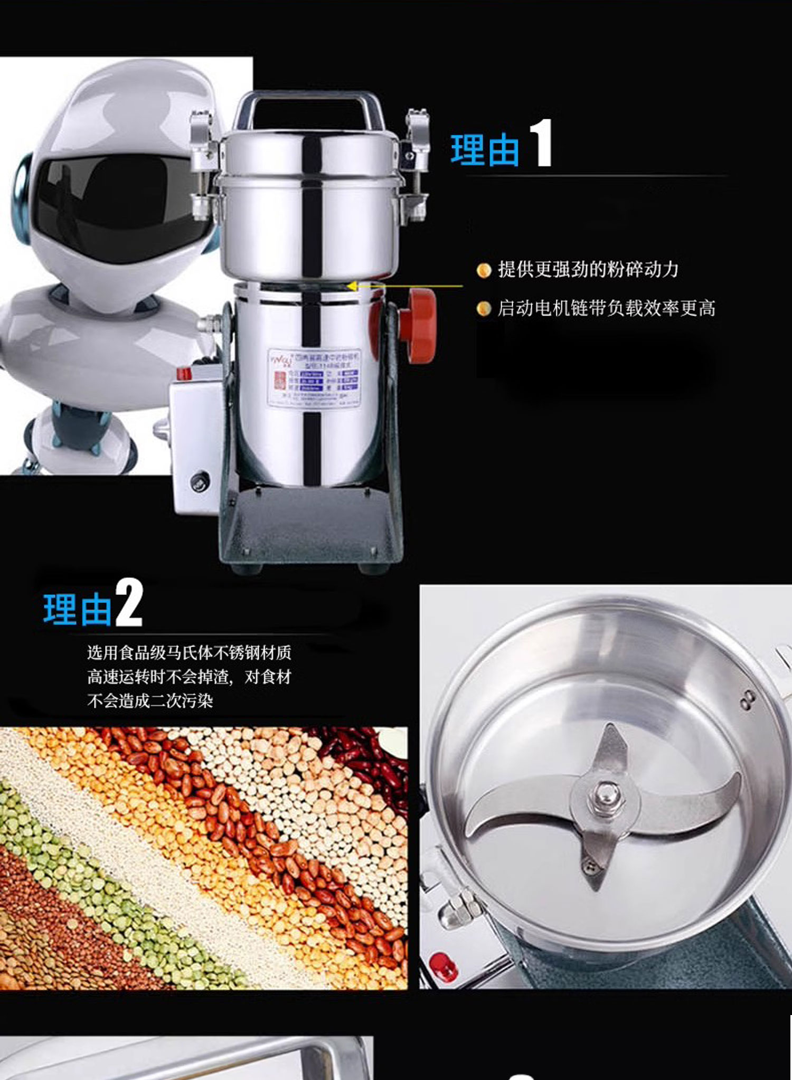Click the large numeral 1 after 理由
pyautogui.click(x=541, y=143)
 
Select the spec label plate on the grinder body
pyautogui.click(x=314, y=377)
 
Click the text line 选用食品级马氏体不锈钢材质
pyautogui.click(x=189, y=653)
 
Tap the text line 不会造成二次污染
pyautogui.click(x=150, y=701)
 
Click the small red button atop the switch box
pyautogui.click(x=183, y=373)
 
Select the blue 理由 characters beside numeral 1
pyautogui.click(x=485, y=150)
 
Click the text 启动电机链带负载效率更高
pyautogui.click(x=606, y=308)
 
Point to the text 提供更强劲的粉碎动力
pyautogui.click(x=588, y=270)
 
